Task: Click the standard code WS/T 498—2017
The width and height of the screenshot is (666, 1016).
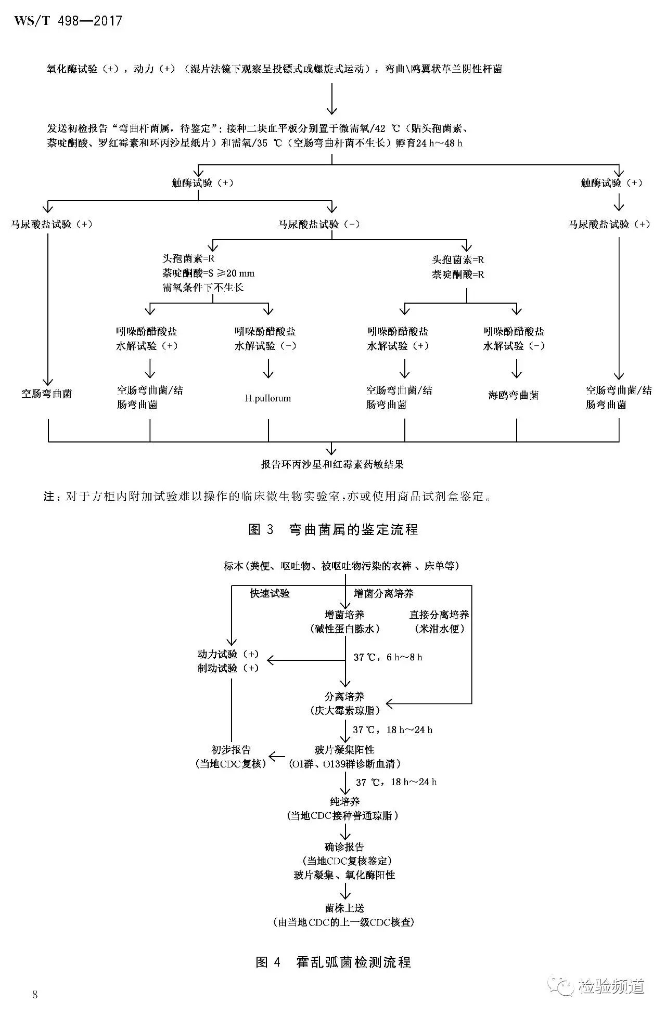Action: (x=68, y=21)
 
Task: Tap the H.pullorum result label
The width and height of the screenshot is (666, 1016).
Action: (x=268, y=398)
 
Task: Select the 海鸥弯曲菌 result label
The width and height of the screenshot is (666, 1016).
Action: (x=513, y=395)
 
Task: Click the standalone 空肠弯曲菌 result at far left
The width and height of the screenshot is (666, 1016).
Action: (x=47, y=394)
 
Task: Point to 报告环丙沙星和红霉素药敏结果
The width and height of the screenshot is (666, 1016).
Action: (x=332, y=464)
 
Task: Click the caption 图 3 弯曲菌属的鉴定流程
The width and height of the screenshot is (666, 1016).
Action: (x=333, y=529)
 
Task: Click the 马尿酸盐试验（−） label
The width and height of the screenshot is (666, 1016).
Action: (x=319, y=224)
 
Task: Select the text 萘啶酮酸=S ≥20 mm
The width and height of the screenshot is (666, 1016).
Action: (x=208, y=273)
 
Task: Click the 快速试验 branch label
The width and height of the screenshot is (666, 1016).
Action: (x=270, y=593)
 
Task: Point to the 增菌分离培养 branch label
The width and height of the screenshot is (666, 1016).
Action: (x=383, y=593)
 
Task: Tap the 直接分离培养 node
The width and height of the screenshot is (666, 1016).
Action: (x=439, y=615)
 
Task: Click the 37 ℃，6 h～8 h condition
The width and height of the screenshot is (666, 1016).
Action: (x=388, y=657)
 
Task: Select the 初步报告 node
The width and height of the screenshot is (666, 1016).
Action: (x=231, y=750)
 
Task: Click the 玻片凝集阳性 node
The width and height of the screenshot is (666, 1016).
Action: (x=344, y=750)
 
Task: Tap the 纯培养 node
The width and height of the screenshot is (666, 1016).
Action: (x=344, y=801)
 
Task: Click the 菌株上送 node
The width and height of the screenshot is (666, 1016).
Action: (x=344, y=907)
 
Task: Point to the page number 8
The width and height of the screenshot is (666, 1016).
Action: (x=35, y=994)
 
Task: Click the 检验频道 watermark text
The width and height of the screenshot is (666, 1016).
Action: (x=611, y=986)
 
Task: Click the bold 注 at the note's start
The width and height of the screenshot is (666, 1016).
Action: (x=49, y=497)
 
